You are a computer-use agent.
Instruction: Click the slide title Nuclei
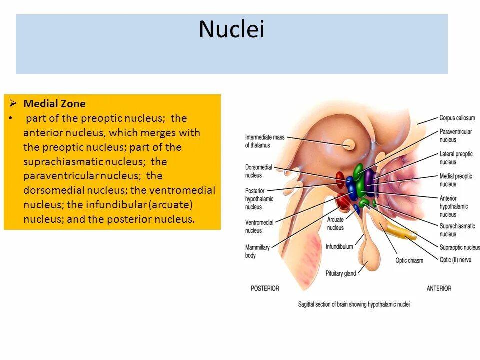click(231, 30)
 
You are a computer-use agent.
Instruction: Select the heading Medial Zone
click(54, 104)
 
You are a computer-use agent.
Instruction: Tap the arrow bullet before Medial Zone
click(13, 104)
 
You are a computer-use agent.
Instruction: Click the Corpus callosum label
click(457, 118)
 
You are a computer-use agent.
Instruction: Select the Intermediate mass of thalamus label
click(264, 141)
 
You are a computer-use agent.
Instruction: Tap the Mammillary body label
click(257, 251)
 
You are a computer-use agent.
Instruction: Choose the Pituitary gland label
click(341, 273)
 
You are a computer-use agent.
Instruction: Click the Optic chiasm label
click(409, 260)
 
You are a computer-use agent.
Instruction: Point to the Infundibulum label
click(339, 246)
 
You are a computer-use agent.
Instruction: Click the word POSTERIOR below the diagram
click(265, 288)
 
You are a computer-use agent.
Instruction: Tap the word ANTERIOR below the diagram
click(439, 288)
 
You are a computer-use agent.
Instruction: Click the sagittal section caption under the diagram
click(354, 304)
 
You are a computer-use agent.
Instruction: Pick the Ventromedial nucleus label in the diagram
click(259, 226)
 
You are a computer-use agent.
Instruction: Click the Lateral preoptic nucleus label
click(456, 158)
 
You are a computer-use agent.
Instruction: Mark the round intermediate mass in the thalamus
click(349, 145)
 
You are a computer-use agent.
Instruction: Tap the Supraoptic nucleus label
click(459, 247)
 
